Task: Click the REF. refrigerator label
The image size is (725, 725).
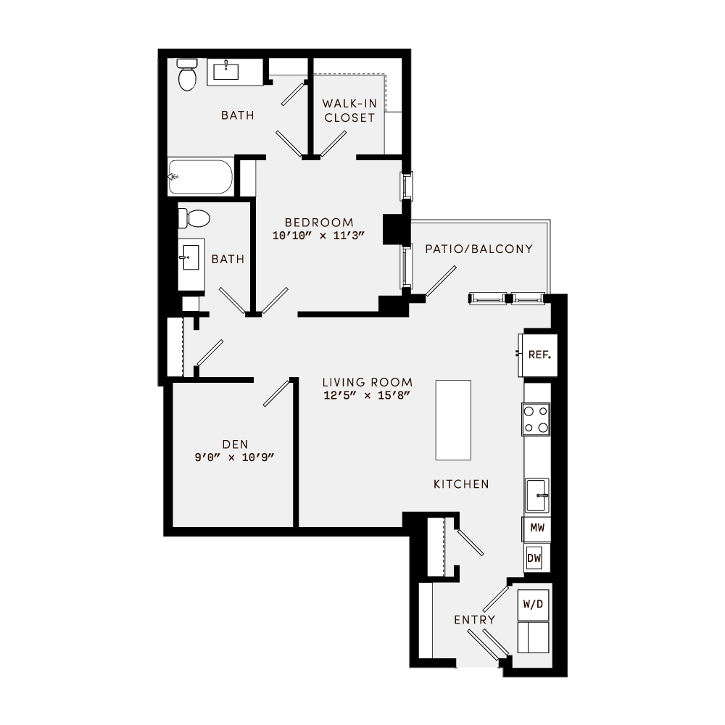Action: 539,355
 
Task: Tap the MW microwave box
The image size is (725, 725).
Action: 536,529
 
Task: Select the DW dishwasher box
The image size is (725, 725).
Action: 534,558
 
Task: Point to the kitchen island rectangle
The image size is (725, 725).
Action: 453,419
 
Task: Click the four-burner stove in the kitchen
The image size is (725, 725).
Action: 536,419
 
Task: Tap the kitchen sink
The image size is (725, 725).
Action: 536,494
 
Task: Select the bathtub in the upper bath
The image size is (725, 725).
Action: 201,177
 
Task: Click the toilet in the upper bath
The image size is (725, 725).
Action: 187,75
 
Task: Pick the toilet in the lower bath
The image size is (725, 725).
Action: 194,217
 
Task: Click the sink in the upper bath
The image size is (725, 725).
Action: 228,72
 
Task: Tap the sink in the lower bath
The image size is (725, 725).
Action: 191,257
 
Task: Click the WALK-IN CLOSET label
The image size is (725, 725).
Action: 349,110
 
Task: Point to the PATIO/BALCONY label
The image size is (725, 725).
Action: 478,249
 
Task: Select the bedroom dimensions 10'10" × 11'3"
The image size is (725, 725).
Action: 319,236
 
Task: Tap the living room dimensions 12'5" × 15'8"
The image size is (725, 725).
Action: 368,395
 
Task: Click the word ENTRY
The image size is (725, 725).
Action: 475,620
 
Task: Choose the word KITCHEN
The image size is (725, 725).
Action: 461,484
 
